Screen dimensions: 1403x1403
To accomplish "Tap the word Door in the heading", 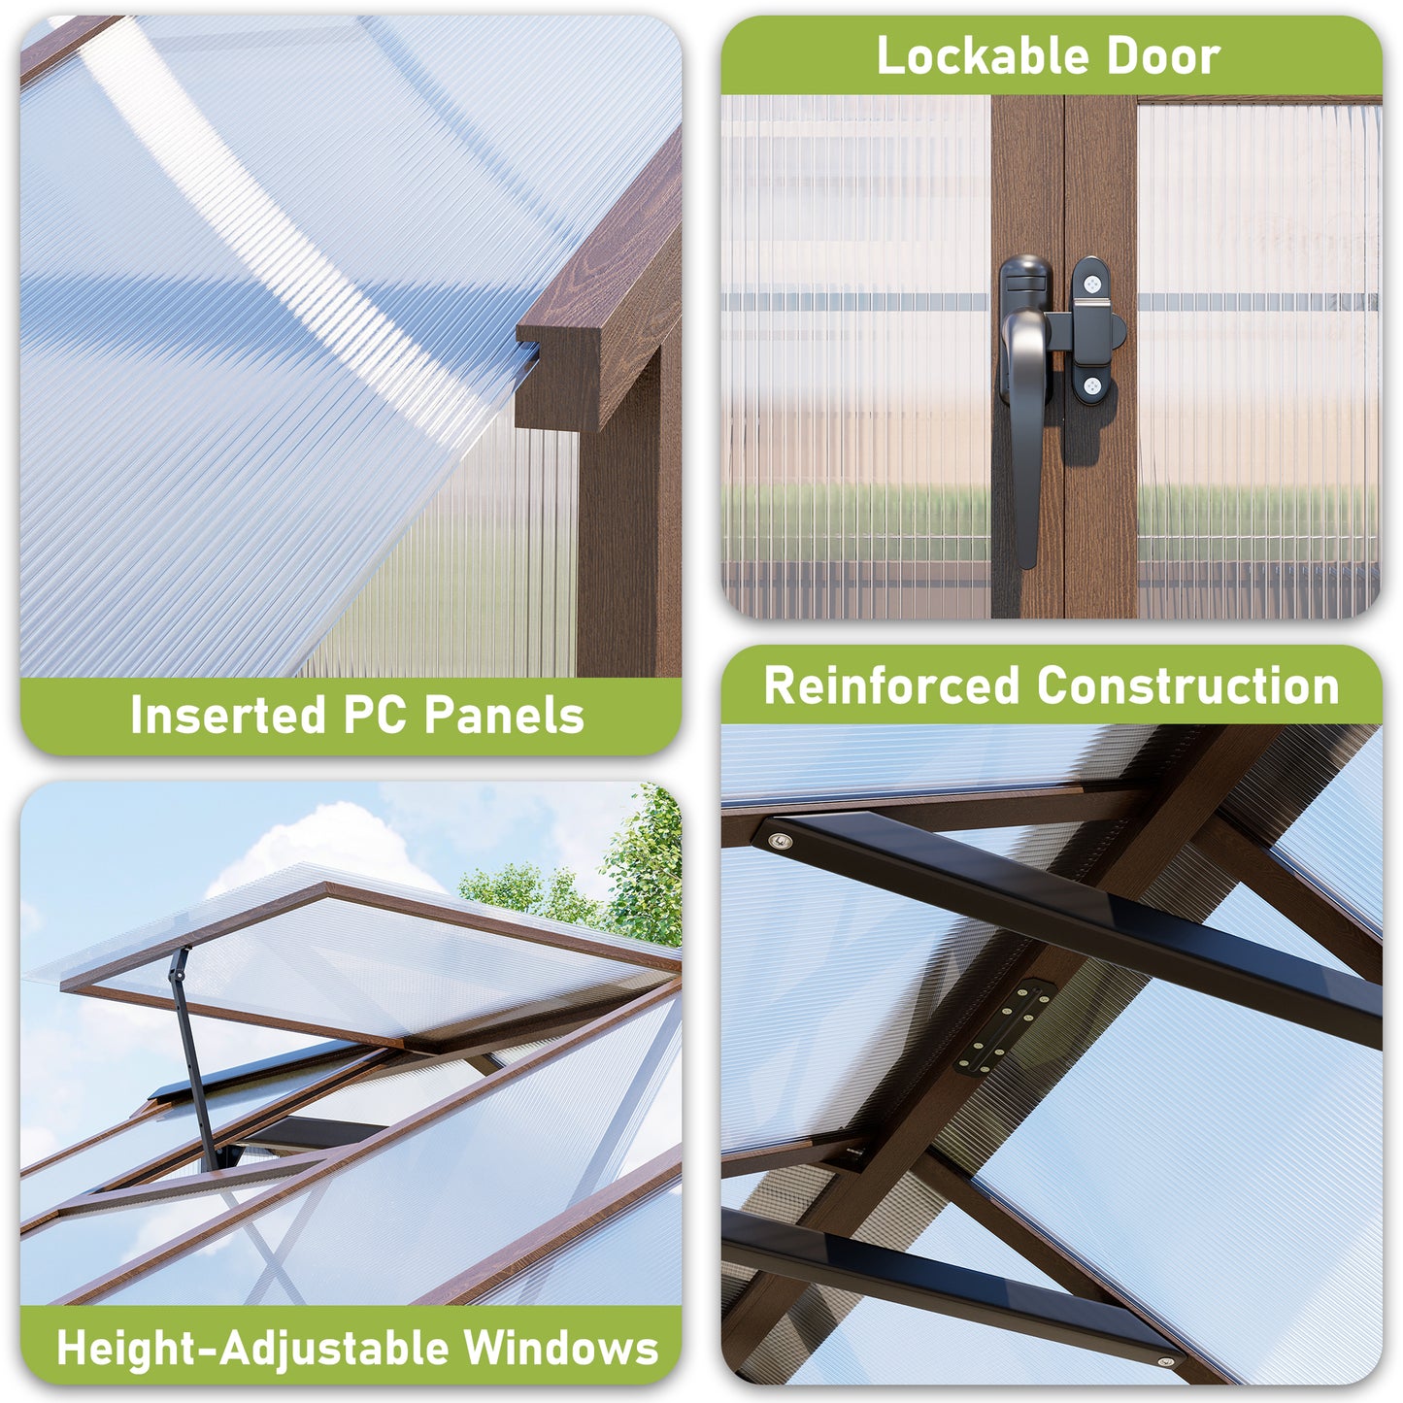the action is [1163, 56].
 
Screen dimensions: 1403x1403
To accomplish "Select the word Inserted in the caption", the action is [228, 715].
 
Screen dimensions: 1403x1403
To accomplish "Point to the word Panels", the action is [505, 715].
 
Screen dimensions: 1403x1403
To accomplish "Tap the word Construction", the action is [1188, 685].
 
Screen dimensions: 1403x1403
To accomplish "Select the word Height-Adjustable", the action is [251, 1348].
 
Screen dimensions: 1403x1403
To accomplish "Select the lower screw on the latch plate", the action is [1092, 386].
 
